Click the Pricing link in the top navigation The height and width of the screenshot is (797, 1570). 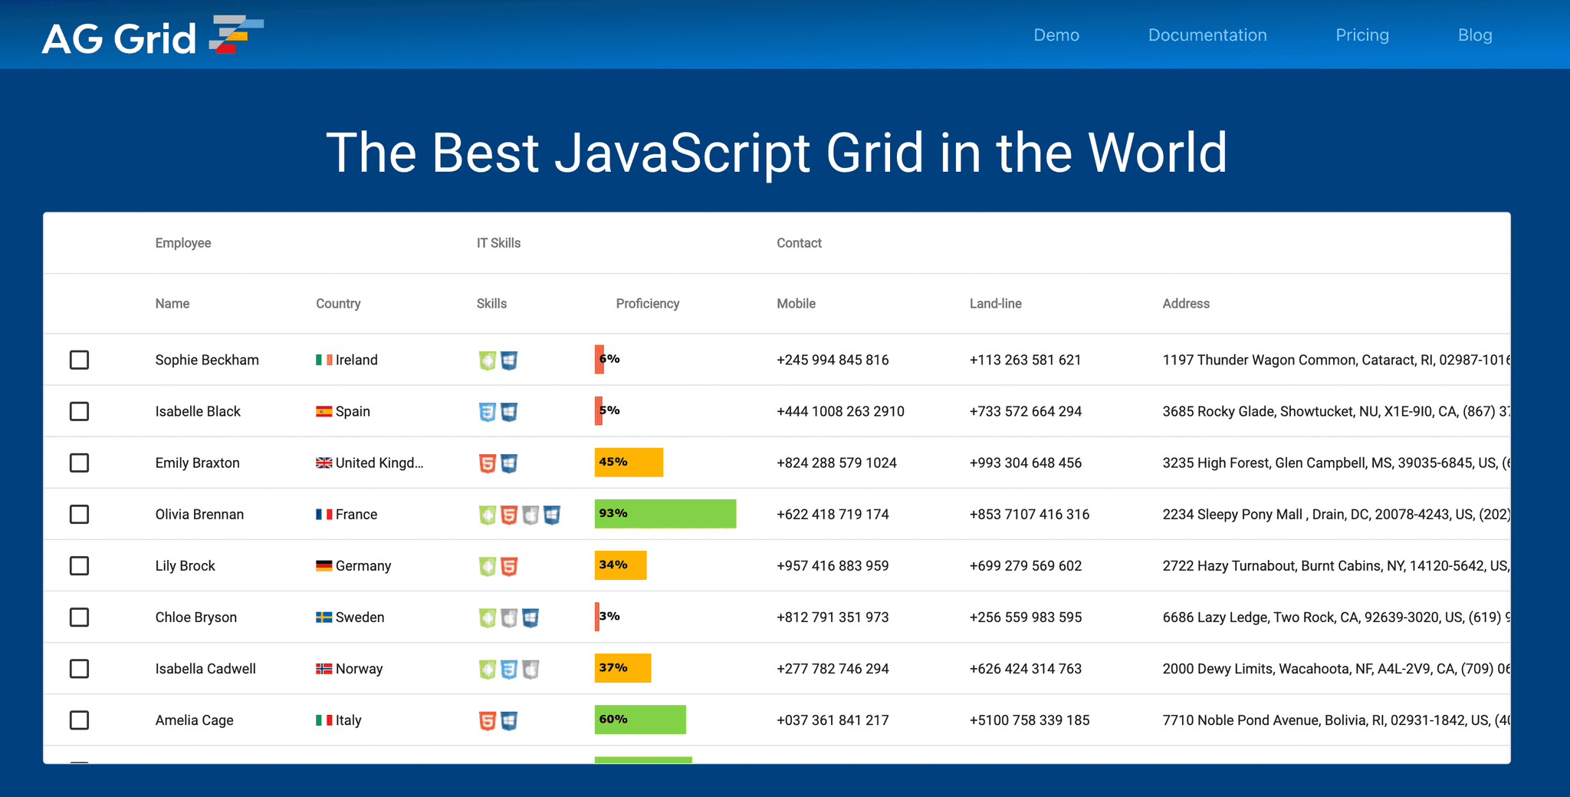[1361, 35]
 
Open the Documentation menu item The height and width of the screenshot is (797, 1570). [1207, 35]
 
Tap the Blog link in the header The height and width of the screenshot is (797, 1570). [1474, 35]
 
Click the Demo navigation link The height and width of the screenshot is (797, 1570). [1056, 35]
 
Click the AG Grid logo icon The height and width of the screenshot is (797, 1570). [236, 35]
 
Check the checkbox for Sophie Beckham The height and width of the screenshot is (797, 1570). [79, 360]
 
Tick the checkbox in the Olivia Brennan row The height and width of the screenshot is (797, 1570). [79, 514]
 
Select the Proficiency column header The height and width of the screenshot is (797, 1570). [647, 304]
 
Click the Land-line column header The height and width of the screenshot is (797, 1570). [995, 304]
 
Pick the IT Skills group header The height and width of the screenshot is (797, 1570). [498, 243]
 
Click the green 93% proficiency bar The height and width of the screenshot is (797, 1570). [665, 514]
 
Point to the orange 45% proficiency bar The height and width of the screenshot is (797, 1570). [629, 463]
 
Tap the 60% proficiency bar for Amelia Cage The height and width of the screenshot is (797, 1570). [640, 720]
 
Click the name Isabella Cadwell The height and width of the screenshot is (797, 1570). [205, 669]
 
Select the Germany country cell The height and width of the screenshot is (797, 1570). [363, 566]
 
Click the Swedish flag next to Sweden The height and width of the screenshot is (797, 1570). [324, 618]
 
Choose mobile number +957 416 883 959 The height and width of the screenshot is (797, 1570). [833, 566]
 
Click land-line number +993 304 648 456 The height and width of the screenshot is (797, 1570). [1025, 463]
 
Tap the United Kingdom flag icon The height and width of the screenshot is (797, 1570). [324, 463]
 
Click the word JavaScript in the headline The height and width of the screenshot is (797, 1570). [682, 153]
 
